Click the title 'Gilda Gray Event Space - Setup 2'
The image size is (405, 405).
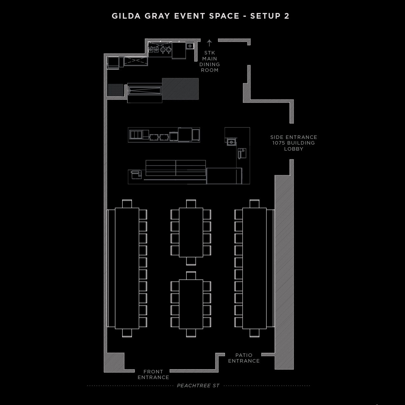click(200, 16)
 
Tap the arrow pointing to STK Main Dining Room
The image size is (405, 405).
click(209, 43)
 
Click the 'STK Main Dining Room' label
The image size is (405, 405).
click(209, 61)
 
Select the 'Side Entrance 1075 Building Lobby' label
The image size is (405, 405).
click(294, 143)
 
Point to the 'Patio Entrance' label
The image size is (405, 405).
click(244, 358)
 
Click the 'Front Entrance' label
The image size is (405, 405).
click(153, 374)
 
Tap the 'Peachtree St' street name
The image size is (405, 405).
click(198, 385)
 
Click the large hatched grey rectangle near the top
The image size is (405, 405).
click(180, 89)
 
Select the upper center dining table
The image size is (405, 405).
click(191, 232)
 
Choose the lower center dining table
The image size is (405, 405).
click(191, 304)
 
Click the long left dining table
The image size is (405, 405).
click(127, 268)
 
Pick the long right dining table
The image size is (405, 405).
click(254, 268)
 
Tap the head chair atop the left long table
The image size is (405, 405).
click(127, 204)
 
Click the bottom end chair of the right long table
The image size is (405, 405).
click(254, 333)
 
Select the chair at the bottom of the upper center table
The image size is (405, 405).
click(191, 261)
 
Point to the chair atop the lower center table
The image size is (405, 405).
click(191, 276)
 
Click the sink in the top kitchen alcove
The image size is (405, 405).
click(190, 46)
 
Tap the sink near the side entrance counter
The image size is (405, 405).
click(231, 142)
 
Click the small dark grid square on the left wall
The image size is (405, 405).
click(115, 90)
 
